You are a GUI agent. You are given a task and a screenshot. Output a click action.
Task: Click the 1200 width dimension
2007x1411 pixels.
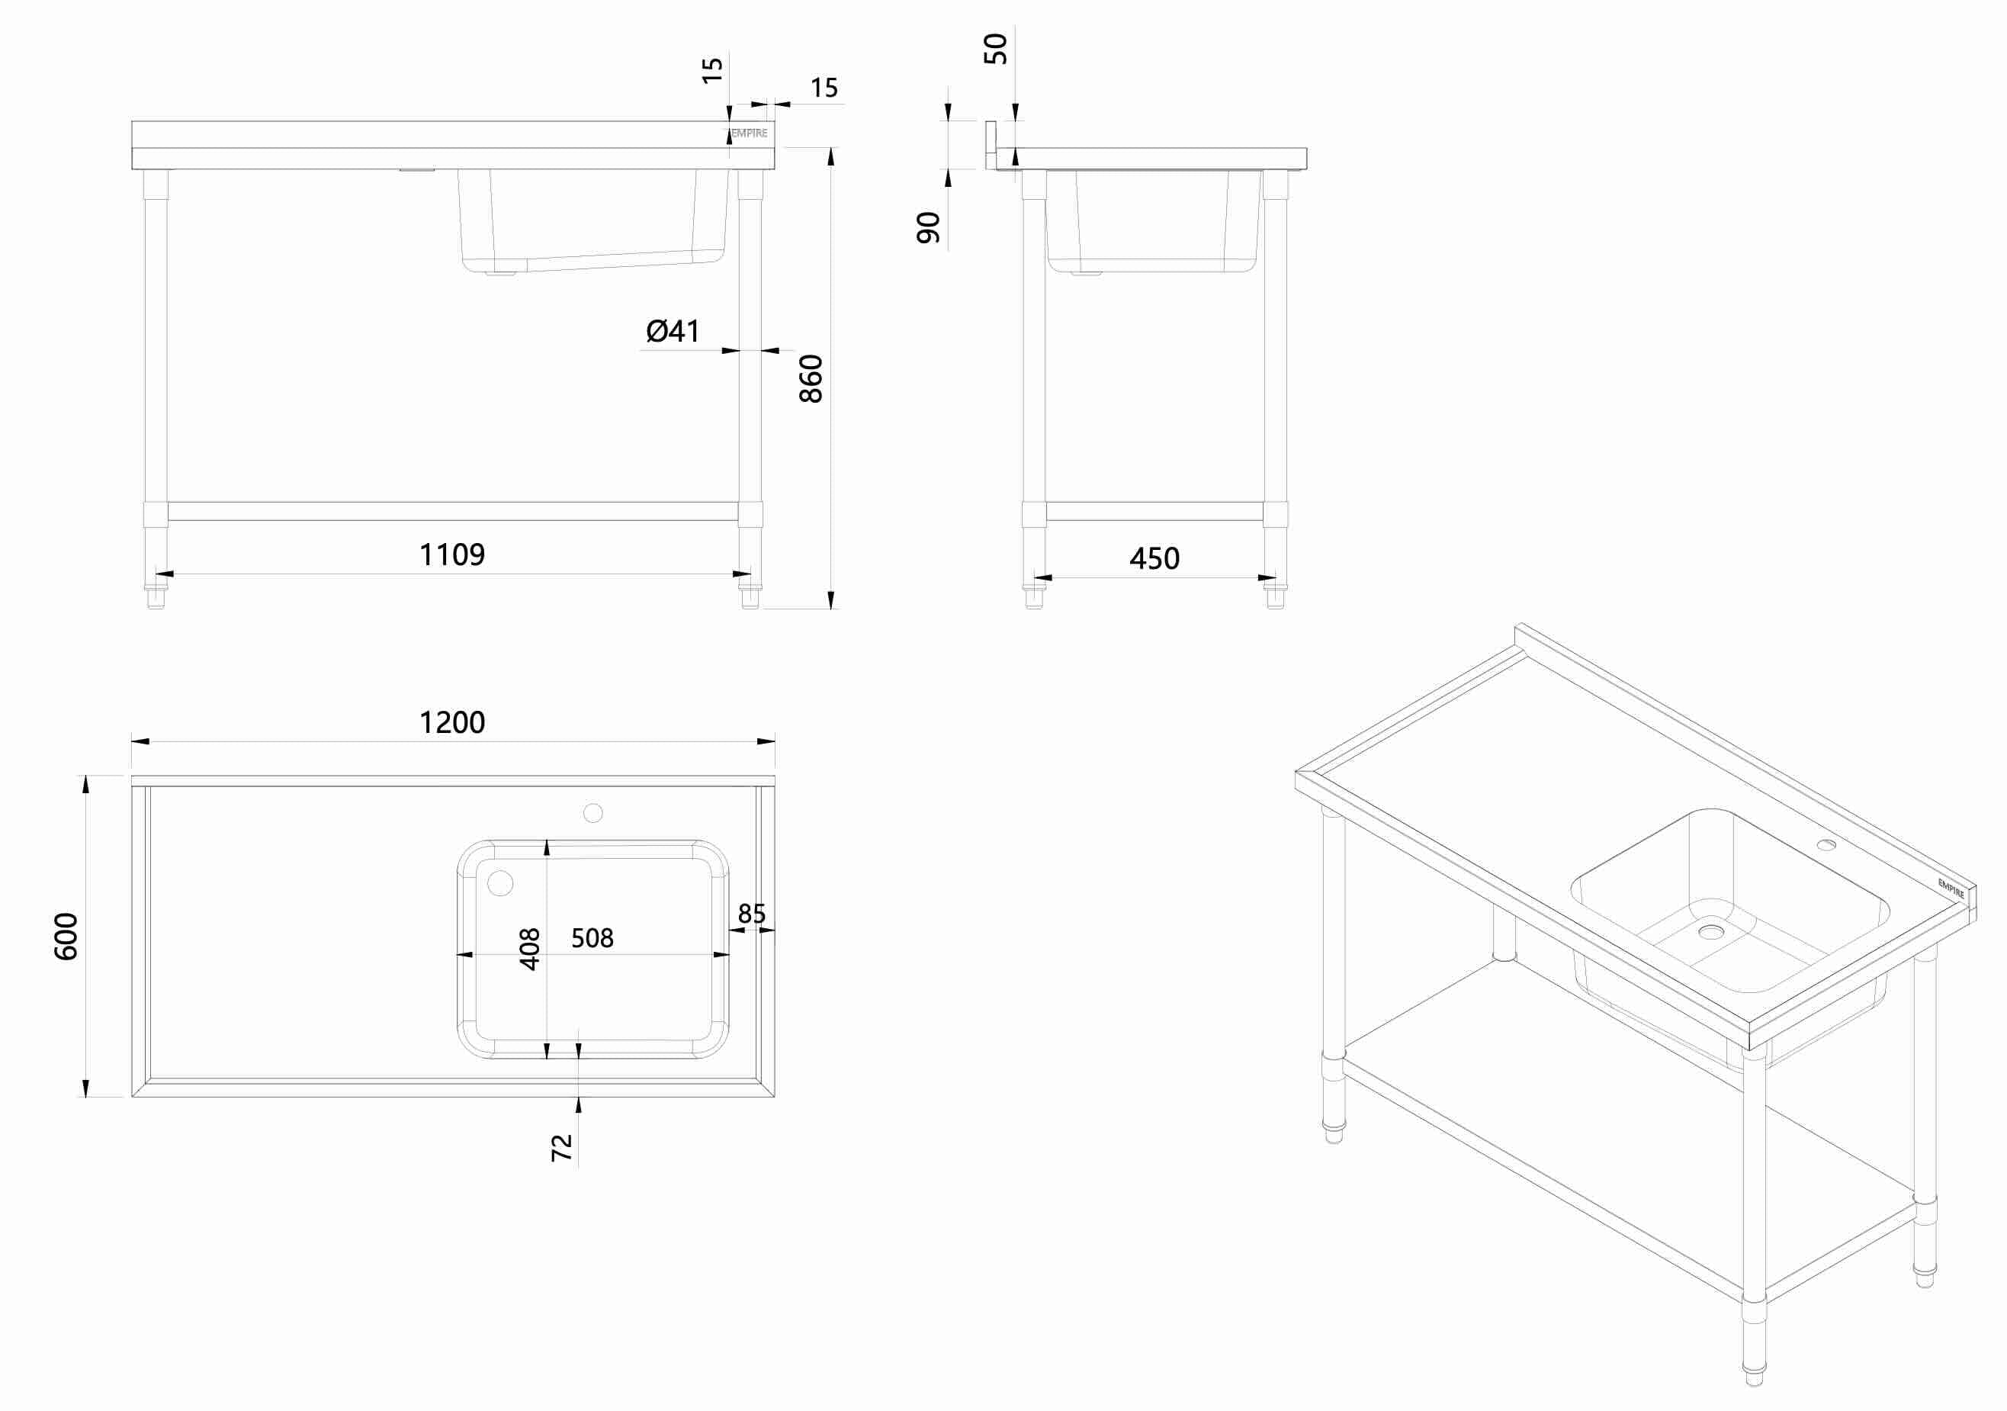tap(452, 722)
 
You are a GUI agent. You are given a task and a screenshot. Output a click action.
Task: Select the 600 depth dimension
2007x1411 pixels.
tap(66, 937)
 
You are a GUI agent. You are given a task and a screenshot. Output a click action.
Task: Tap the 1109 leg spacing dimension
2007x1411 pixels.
tap(452, 554)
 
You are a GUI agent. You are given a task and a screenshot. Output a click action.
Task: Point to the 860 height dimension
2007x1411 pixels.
tap(811, 378)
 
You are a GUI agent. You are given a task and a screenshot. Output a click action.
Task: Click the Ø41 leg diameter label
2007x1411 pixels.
tap(673, 330)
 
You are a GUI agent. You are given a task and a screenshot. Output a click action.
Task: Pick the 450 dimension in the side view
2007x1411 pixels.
tap(1154, 558)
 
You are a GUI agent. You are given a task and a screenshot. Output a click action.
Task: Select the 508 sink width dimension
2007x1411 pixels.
tap(592, 938)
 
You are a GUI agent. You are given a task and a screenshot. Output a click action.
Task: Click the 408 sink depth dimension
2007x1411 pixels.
tap(530, 949)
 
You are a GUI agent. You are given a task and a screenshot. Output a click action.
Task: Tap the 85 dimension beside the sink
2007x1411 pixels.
tap(752, 914)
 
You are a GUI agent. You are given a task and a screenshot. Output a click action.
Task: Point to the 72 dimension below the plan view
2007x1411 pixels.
tap(562, 1147)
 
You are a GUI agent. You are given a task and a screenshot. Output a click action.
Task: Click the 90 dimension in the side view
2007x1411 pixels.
tap(928, 227)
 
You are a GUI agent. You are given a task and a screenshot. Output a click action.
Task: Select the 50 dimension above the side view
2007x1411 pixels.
tap(996, 49)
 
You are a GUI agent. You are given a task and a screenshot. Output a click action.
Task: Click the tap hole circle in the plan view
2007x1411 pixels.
tap(592, 813)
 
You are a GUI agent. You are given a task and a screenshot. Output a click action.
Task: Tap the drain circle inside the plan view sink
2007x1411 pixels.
tap(500, 883)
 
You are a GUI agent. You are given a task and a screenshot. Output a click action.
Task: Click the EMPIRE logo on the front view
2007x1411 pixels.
tap(749, 133)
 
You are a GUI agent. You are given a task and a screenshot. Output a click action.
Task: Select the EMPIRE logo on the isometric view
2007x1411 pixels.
tap(1951, 889)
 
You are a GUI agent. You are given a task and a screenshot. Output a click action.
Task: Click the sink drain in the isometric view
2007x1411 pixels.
tap(1710, 932)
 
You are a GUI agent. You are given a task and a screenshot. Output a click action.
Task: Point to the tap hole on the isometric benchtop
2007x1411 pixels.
tap(1826, 844)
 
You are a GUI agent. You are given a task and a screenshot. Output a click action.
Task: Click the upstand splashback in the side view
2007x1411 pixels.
tap(991, 144)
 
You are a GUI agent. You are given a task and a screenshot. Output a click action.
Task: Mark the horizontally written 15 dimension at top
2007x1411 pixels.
tap(824, 88)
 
